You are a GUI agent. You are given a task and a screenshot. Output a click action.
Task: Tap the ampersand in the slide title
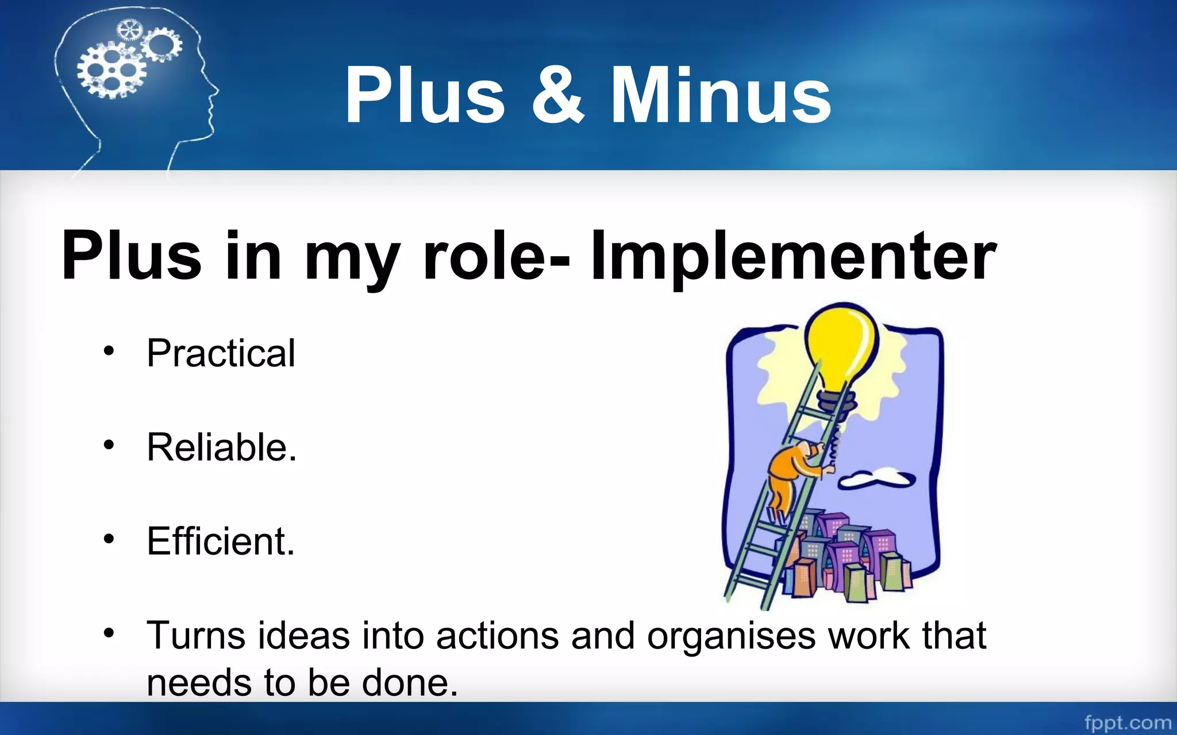(557, 95)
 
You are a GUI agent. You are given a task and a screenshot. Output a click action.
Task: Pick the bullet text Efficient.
(221, 541)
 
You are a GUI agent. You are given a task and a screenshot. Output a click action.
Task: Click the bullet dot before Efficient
(109, 539)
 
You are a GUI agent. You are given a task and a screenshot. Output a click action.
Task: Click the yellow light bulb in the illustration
(841, 345)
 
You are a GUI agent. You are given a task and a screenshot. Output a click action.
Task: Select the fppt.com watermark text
(1127, 722)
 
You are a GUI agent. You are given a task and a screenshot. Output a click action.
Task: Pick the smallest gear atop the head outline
(129, 29)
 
